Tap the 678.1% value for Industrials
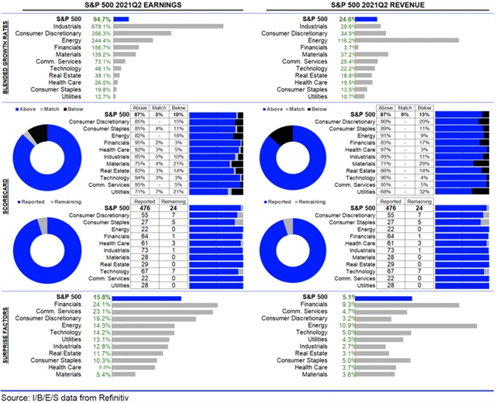(x=100, y=26)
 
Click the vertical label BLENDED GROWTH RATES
(x=6, y=58)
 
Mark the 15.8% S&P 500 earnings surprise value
(x=102, y=297)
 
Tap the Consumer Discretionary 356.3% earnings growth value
(x=100, y=34)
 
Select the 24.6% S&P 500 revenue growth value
(x=347, y=17)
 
